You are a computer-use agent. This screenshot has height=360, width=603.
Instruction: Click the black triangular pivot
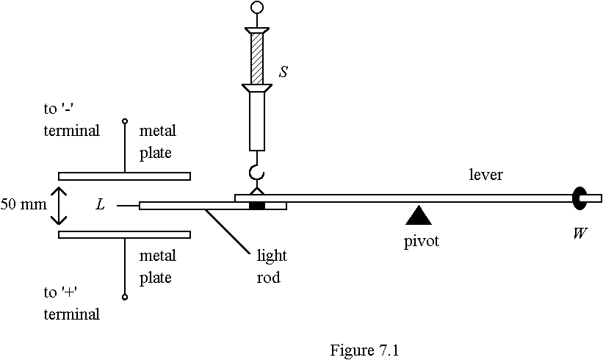click(419, 215)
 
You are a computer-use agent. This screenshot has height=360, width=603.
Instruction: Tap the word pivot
click(421, 240)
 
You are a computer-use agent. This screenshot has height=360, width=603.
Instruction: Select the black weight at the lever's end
click(579, 197)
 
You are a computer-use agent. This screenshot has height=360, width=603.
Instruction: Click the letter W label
click(579, 234)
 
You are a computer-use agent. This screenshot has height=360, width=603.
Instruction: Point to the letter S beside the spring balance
click(284, 73)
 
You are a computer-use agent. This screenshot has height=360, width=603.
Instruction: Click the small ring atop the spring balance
click(256, 8)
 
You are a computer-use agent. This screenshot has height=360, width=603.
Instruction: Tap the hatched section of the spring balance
click(256, 58)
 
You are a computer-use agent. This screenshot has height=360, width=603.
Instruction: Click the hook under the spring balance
click(256, 174)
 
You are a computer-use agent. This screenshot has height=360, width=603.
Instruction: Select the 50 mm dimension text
click(23, 204)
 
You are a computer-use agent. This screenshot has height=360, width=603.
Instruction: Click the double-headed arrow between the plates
click(59, 205)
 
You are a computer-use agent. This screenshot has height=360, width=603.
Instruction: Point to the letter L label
click(101, 205)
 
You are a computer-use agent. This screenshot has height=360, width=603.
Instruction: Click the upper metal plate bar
click(124, 176)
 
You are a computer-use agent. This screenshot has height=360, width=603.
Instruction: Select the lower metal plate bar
click(124, 234)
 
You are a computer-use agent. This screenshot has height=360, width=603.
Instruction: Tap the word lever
click(485, 175)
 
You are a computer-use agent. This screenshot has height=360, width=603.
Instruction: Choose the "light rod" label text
click(271, 267)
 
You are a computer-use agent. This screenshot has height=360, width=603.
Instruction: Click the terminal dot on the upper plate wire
click(124, 120)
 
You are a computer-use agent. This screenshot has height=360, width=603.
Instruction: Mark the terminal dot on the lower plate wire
click(124, 297)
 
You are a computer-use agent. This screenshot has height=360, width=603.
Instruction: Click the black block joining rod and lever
click(256, 205)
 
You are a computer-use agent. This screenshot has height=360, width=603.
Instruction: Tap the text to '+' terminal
click(71, 303)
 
